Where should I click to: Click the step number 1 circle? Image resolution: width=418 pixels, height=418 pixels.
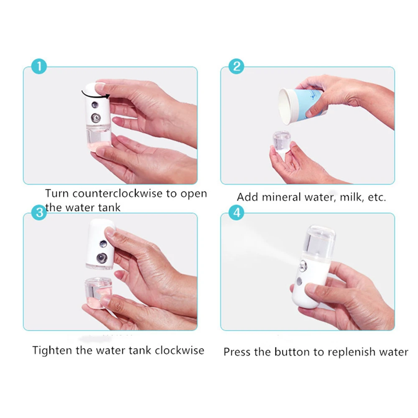pos(39,66)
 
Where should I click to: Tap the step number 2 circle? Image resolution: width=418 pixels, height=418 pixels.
pos(237,66)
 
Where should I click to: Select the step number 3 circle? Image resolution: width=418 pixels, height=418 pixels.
pos(39,212)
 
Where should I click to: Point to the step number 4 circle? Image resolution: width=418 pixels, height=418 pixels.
pos(237,212)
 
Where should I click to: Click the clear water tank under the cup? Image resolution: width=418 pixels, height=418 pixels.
pos(282,142)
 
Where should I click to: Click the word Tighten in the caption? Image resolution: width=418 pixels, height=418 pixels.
pos(52,350)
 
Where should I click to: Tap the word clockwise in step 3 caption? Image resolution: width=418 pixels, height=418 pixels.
pos(179,350)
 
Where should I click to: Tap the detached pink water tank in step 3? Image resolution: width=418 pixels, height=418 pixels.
pos(98,291)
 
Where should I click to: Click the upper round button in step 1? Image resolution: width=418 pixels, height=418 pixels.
pos(95,105)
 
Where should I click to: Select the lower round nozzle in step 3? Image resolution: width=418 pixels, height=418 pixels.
pos(102,258)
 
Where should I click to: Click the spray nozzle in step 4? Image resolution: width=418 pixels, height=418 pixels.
pos(303,265)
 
